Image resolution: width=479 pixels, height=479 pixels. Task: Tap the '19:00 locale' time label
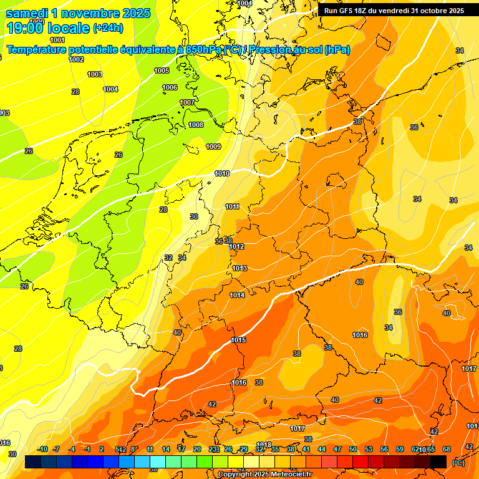(x=49, y=27)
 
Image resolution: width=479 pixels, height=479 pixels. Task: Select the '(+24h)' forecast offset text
(x=108, y=28)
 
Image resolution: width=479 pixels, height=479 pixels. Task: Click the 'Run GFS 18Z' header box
(x=393, y=11)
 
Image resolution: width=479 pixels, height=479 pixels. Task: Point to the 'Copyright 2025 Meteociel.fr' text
(x=264, y=474)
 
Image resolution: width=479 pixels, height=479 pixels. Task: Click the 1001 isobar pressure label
(x=57, y=40)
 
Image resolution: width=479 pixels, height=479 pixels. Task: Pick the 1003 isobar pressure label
(x=95, y=74)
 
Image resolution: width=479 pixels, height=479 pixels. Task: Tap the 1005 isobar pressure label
(x=162, y=70)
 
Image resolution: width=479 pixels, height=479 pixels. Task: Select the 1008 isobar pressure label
(x=196, y=125)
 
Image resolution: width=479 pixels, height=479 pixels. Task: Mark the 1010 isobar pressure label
(x=222, y=173)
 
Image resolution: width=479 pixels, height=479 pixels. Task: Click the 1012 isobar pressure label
(x=236, y=247)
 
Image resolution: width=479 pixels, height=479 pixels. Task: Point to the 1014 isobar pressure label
(x=237, y=295)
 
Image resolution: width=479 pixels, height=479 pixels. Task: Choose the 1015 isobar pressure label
(x=238, y=340)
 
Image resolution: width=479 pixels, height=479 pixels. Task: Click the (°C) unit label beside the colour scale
(x=458, y=462)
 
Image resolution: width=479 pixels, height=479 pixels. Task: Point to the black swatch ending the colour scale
(x=438, y=461)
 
